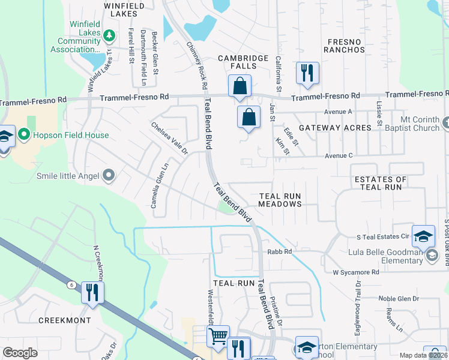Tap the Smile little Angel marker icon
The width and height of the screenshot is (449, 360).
click(108, 175)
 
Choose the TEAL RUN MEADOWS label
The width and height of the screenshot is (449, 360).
click(279, 200)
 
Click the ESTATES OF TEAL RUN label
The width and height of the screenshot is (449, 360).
click(381, 184)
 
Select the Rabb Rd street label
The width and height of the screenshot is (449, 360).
click(279, 252)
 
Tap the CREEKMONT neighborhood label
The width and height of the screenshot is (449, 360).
click(64, 320)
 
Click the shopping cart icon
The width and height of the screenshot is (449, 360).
click(218, 336)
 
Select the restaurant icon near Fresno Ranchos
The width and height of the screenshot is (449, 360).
click(307, 73)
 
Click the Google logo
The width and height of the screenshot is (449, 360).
click(20, 352)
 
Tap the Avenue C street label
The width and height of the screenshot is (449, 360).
click(339, 156)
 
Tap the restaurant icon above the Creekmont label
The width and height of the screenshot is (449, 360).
click(92, 293)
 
